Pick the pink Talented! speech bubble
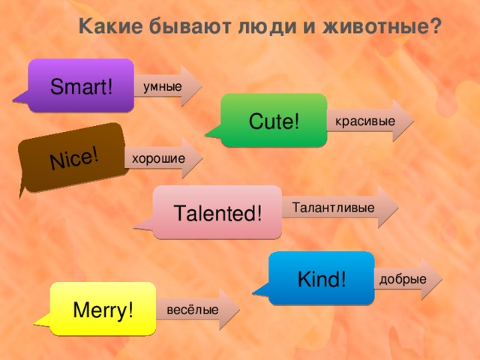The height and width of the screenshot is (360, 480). pos(217,212)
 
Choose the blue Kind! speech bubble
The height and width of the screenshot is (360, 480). pos(322,278)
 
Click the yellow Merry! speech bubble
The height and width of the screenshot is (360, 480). pos(103,308)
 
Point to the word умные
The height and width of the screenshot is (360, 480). pos(162,87)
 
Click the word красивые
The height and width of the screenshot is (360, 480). pos(364,121)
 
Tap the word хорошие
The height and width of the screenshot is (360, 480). pos(157,159)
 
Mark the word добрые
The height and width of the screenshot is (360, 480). pos(403,279)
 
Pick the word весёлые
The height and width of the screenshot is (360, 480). pos(193,310)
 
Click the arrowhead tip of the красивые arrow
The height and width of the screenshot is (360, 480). pos(412,121)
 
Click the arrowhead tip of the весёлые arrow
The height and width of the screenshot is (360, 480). pos(238,310)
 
